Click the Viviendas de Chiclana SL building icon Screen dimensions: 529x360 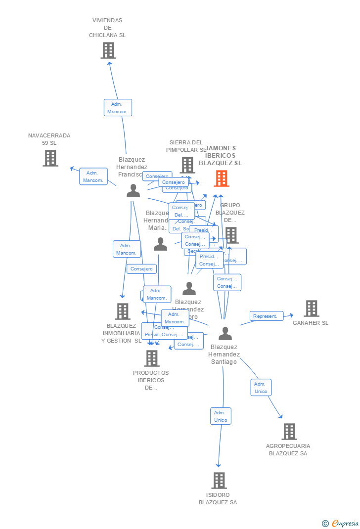coord(108,50)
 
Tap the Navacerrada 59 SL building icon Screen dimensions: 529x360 coord(50,158)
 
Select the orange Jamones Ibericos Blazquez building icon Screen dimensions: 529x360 coord(221,178)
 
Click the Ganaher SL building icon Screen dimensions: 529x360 coord(311,309)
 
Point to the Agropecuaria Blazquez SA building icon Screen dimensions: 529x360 coord(289,432)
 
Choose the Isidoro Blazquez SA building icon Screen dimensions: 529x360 coord(219,480)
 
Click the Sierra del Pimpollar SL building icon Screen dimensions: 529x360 coord(187,165)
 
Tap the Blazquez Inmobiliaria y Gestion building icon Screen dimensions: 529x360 coord(123,311)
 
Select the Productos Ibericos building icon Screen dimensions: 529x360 coord(151,358)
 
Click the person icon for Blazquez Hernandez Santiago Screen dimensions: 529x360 coord(225,334)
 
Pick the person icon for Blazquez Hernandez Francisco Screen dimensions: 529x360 coord(133,191)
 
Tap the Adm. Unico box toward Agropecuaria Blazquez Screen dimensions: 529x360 coord(261,388)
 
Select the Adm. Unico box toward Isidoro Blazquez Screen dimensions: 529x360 coord(221,416)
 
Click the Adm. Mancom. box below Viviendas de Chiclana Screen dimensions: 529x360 coord(118,108)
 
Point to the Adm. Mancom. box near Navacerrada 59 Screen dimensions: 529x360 coord(93,176)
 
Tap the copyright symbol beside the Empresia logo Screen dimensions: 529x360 coord(325,524)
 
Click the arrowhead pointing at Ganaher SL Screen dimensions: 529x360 coord(291,315)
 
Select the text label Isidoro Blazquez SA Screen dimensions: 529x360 coord(218,498)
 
